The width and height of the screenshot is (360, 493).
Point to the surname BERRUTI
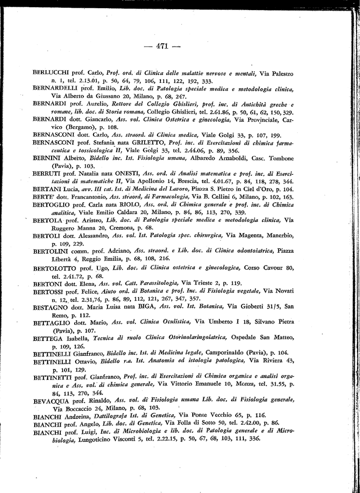pos(48,173)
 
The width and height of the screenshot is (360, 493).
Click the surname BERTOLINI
pos(50,251)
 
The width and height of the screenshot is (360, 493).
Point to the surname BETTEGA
pos(47,338)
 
